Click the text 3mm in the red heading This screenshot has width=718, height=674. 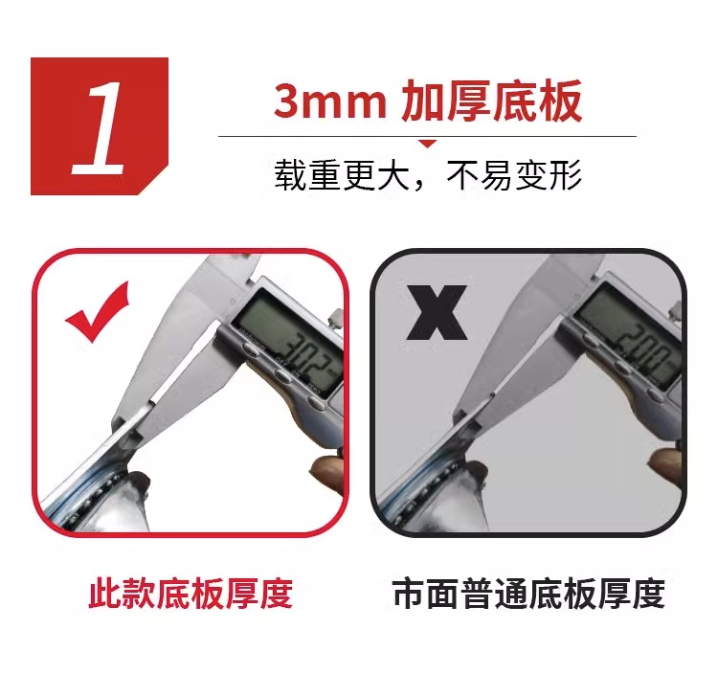330,101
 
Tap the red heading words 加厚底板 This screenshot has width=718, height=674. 492,101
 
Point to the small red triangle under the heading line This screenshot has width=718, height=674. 427,144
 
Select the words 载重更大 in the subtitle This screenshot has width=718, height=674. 342,175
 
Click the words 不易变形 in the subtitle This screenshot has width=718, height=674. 514,175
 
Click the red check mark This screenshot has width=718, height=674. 97,312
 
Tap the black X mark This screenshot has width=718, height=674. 437,312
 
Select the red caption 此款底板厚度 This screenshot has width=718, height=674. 191,594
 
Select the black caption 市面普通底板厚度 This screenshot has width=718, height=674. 528,594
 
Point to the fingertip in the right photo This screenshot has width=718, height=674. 665,462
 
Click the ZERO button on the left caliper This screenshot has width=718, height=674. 316,402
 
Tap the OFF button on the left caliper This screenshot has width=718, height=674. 283,375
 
